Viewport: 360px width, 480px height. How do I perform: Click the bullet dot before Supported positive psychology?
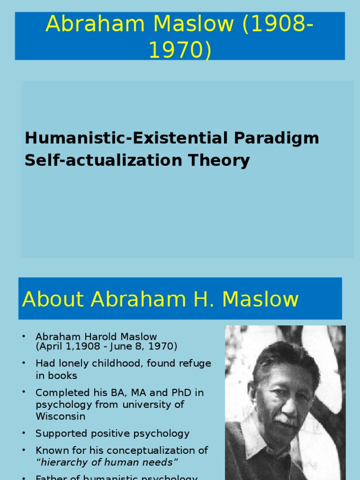click(x=23, y=433)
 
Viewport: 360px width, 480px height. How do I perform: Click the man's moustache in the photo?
click(x=285, y=419)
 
